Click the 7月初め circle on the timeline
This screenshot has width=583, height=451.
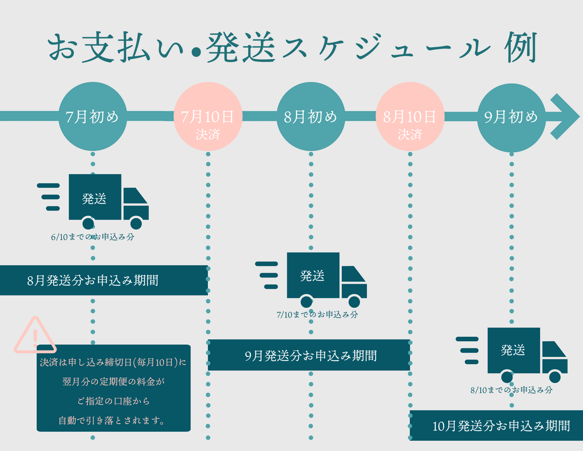click(93, 116)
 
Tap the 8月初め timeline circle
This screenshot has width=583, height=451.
click(311, 116)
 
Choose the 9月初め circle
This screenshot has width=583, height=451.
click(511, 117)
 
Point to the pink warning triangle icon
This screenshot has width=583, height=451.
click(35, 336)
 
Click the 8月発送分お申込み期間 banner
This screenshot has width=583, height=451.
click(103, 280)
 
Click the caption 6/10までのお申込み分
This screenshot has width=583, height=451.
click(92, 237)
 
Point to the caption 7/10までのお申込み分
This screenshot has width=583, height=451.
click(317, 315)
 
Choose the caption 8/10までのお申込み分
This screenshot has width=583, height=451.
click(511, 390)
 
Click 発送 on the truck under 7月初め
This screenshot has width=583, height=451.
click(94, 198)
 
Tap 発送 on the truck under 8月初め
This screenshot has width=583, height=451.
click(312, 276)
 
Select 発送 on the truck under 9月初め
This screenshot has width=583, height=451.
click(513, 350)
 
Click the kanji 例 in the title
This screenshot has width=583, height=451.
click(520, 48)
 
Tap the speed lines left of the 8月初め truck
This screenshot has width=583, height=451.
click(267, 275)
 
